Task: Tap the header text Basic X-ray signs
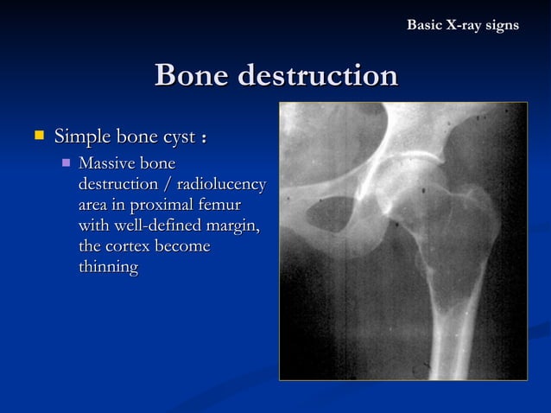coord(463,25)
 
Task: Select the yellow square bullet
coord(37,137)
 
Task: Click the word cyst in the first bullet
coord(175,137)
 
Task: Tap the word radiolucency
coord(223,185)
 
